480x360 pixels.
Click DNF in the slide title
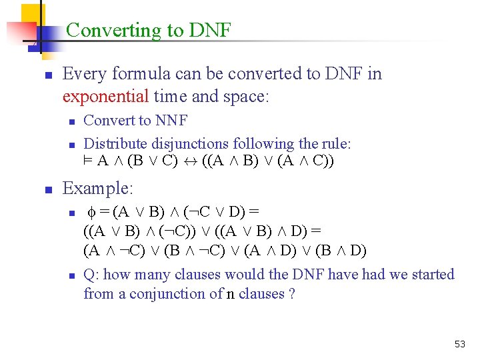(x=210, y=30)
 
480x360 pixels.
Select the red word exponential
(x=105, y=97)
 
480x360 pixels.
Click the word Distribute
(x=114, y=143)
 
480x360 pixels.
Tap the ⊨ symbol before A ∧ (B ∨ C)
(x=88, y=161)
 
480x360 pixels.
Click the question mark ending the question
(x=292, y=293)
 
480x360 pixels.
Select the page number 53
(x=460, y=344)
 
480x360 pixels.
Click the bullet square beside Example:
(x=48, y=190)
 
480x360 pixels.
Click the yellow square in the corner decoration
(x=31, y=13)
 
